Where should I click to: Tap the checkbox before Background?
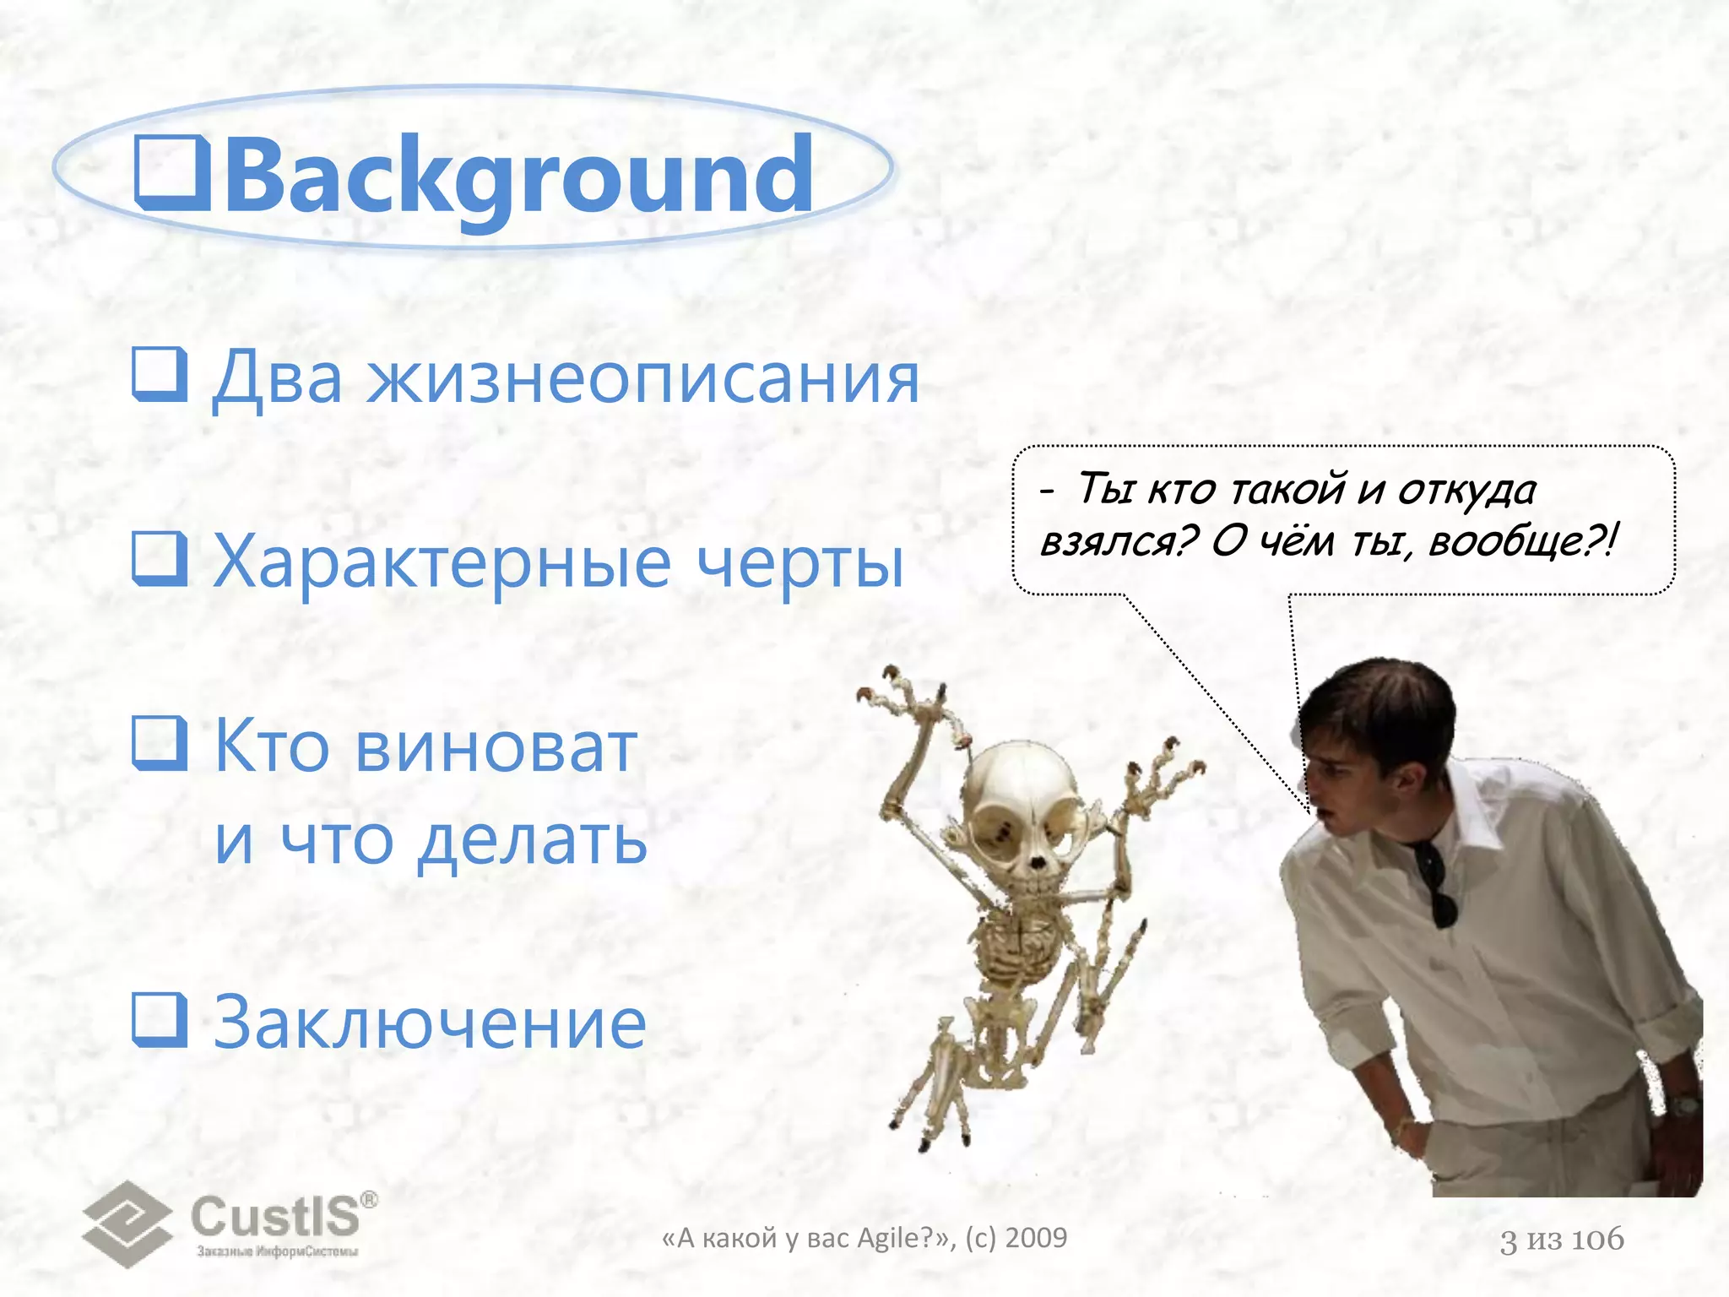(173, 174)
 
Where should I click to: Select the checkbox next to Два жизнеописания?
(160, 374)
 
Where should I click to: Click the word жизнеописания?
(643, 378)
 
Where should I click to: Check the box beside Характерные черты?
(160, 559)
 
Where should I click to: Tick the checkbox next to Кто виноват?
(160, 744)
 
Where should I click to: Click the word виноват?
(496, 747)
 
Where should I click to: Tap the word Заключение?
(430, 1023)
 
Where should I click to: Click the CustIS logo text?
(276, 1217)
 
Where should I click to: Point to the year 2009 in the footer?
(1037, 1238)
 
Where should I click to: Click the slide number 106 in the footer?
(1597, 1240)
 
